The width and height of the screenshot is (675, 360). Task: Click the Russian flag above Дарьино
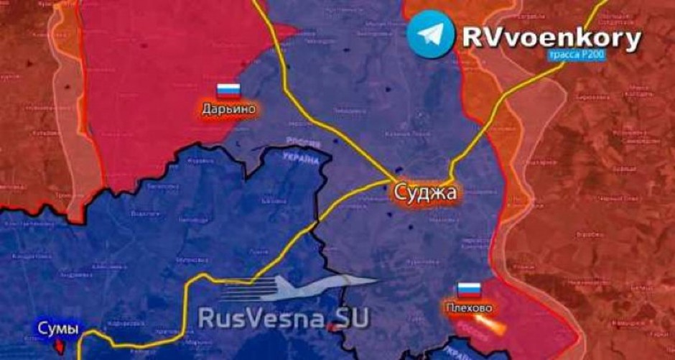[x=229, y=91]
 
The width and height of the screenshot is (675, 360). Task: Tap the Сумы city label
[x=58, y=329]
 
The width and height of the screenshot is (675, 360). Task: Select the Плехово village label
[x=469, y=308]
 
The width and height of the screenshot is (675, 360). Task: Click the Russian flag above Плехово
[x=469, y=290]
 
